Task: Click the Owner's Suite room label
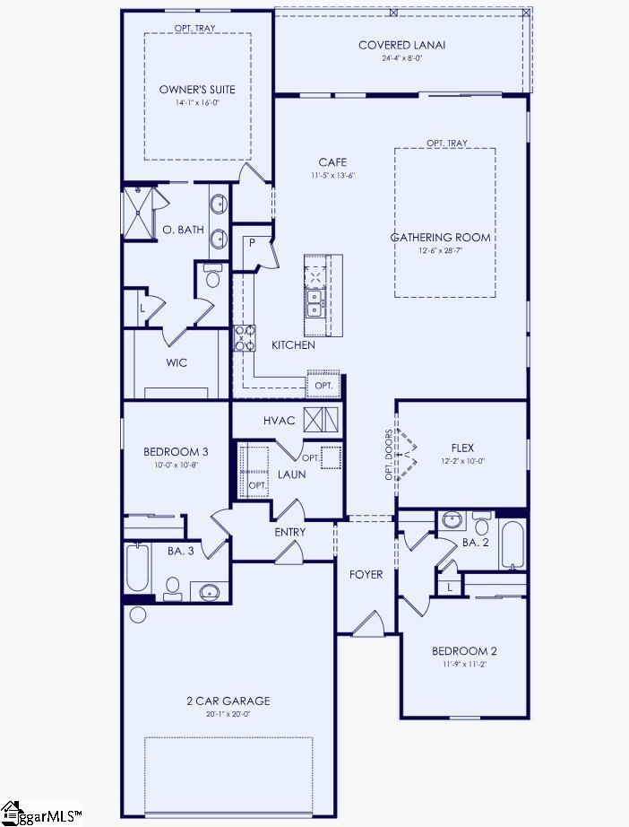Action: point(197,89)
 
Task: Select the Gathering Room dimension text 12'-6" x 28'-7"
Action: point(440,251)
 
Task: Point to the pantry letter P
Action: point(253,243)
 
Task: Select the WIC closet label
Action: point(177,363)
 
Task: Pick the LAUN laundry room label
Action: point(292,474)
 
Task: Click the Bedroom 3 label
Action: point(176,451)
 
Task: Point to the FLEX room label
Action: point(462,448)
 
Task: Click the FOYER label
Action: point(366,574)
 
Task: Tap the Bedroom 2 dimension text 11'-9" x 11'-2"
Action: point(463,665)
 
